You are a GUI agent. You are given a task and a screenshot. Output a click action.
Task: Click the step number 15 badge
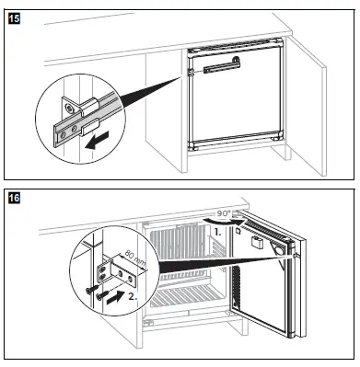pos(14,18)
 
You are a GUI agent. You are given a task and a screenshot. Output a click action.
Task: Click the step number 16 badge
pos(14,198)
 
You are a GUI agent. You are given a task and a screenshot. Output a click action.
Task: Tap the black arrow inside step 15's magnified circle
pos(98,140)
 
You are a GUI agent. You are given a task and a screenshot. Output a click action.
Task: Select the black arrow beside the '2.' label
pos(116,297)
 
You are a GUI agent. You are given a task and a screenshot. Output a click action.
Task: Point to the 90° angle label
pos(224,213)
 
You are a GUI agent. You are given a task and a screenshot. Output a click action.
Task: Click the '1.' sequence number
pos(217,232)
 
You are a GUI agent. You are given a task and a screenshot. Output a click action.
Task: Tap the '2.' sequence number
pos(133,296)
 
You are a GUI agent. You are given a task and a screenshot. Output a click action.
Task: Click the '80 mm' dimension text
pos(136,258)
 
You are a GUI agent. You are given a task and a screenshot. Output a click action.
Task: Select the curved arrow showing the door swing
pos(224,221)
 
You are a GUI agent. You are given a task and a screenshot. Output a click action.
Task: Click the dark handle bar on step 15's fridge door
pos(222,67)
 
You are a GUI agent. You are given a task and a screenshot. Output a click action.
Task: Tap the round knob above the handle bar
pos(236,59)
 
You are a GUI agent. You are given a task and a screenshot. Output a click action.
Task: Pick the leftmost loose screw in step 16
pos(92,290)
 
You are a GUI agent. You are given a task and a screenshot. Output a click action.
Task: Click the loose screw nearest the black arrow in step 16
pos(102,294)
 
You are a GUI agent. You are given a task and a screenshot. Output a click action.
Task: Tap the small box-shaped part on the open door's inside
pos(257,242)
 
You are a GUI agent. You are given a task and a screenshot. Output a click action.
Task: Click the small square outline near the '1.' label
pos(238,231)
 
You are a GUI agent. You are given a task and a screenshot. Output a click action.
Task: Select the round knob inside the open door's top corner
pos(279,250)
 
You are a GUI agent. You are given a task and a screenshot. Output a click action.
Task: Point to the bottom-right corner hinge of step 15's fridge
pos(278,136)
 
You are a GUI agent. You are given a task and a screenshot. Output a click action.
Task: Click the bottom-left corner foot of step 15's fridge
pos(193,146)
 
